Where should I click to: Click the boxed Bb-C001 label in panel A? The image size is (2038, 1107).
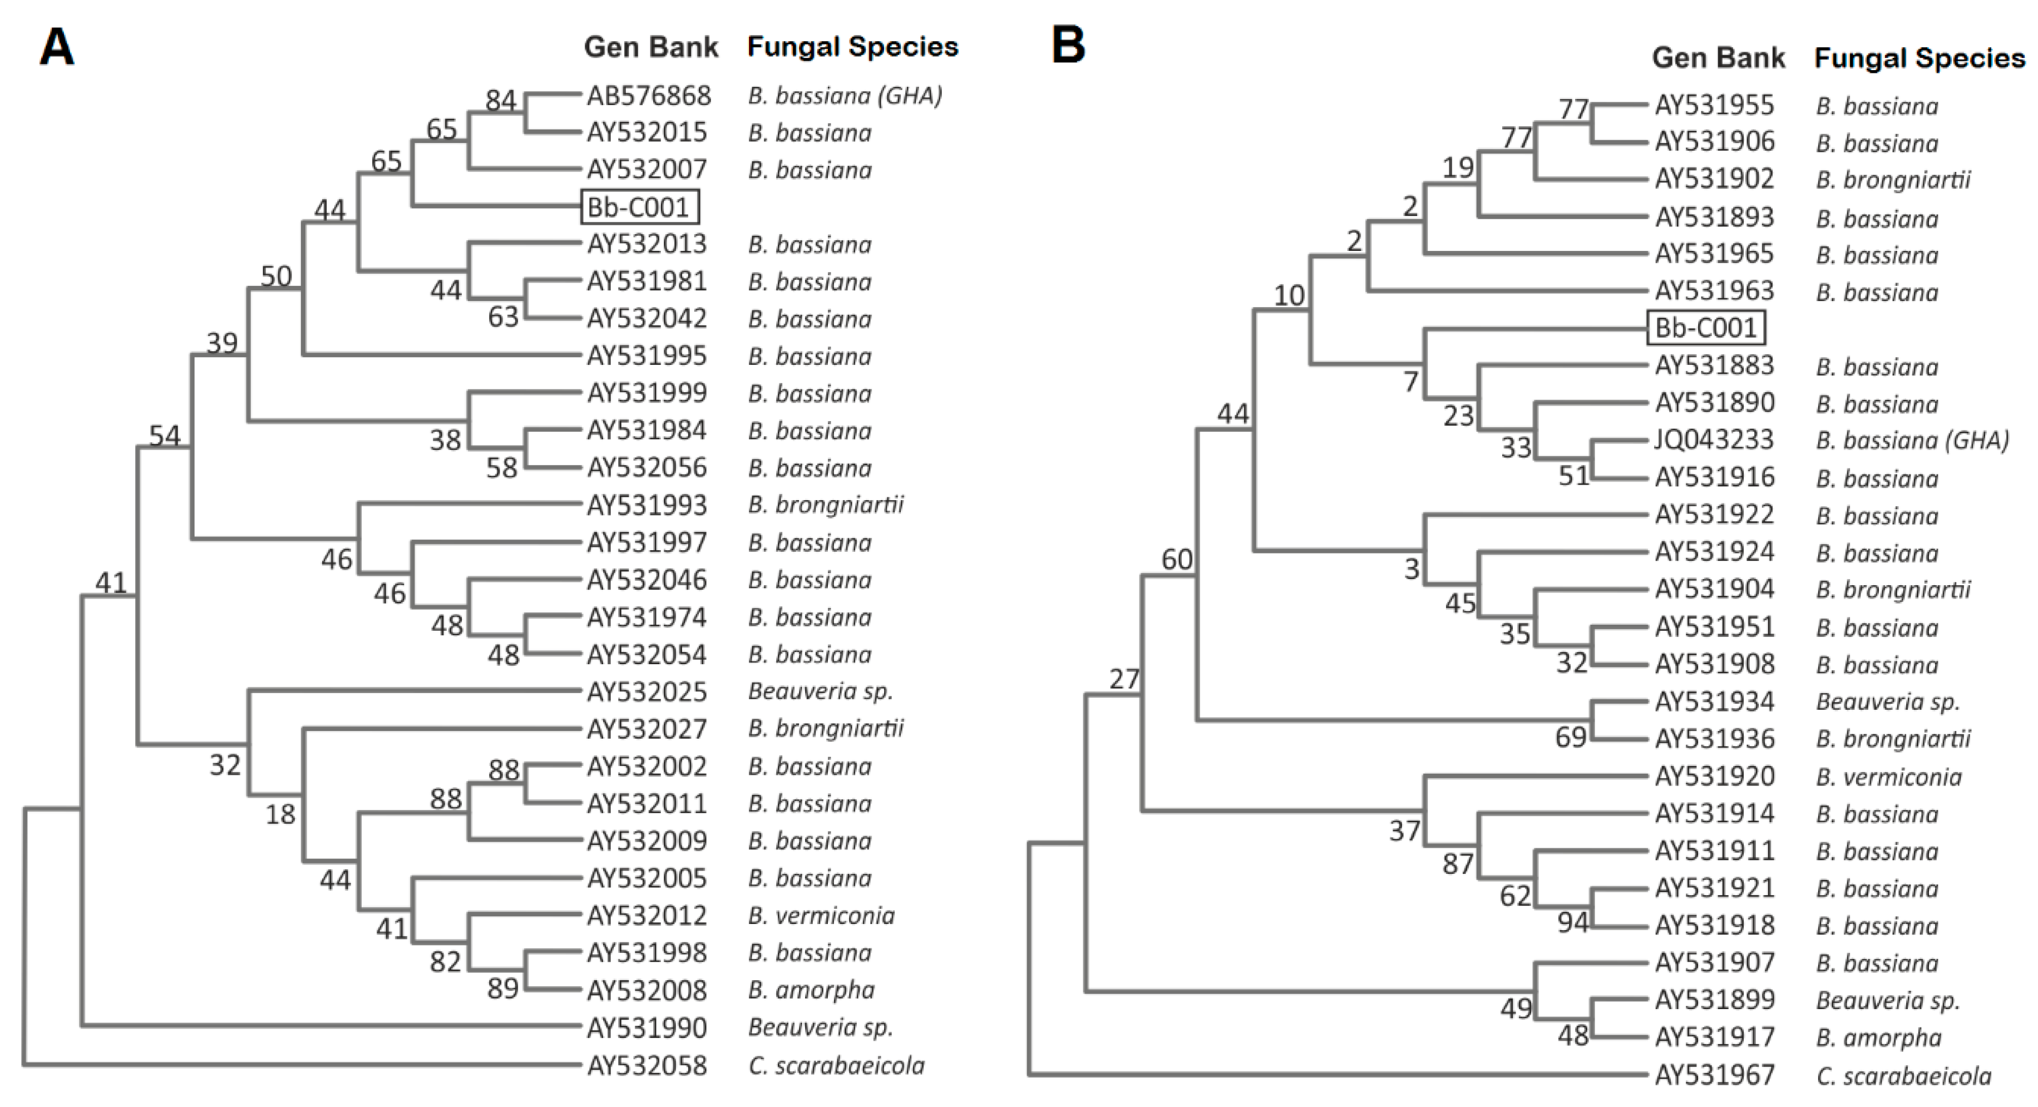(x=639, y=207)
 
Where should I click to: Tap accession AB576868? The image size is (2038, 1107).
(x=648, y=96)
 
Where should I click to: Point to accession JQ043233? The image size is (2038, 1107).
(x=1714, y=440)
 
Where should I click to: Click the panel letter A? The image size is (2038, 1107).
(x=57, y=47)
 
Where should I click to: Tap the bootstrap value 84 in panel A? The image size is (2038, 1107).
(x=501, y=101)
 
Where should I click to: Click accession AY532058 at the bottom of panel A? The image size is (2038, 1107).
(x=647, y=1066)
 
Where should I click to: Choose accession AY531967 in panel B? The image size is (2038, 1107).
(x=1714, y=1075)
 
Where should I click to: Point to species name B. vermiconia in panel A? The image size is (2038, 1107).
(x=821, y=916)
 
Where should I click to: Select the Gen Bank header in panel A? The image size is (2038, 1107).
(x=650, y=47)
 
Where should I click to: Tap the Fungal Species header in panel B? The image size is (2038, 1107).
(x=1919, y=58)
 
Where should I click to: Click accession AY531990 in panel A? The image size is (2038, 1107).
(x=647, y=1028)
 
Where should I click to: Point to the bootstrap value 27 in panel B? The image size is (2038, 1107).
(x=1123, y=679)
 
